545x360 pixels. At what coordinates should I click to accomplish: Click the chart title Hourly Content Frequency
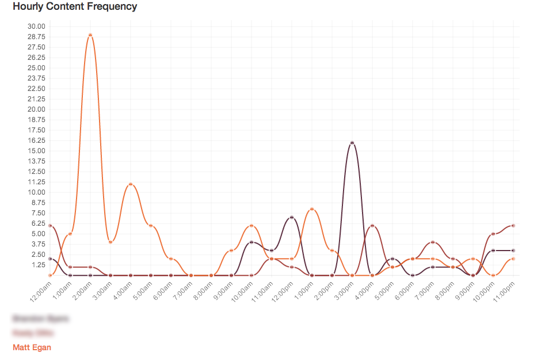[x=75, y=7]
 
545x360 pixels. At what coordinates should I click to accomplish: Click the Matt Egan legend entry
[x=32, y=347]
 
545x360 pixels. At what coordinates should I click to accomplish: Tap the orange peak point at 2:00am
[x=90, y=35]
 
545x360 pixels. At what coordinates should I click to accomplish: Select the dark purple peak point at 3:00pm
[x=352, y=143]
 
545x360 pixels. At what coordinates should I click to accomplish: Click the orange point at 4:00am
[x=131, y=184]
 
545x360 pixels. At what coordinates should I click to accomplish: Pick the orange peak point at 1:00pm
[x=312, y=209]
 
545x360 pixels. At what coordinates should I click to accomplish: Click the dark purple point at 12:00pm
[x=292, y=217]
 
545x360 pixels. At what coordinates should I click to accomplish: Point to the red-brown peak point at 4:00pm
[x=372, y=225]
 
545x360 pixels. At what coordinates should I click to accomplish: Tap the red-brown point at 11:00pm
[x=513, y=225]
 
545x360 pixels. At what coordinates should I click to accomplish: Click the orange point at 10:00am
[x=251, y=225]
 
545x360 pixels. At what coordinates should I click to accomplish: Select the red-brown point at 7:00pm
[x=433, y=242]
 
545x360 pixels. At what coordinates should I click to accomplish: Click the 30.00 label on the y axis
[x=36, y=26]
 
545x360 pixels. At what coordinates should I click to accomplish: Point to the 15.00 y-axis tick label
[x=36, y=151]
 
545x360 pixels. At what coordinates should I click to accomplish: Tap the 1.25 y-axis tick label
[x=37, y=265]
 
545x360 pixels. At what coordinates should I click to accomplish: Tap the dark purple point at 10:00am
[x=251, y=242]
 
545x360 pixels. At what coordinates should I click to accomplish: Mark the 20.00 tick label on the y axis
[x=36, y=109]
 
